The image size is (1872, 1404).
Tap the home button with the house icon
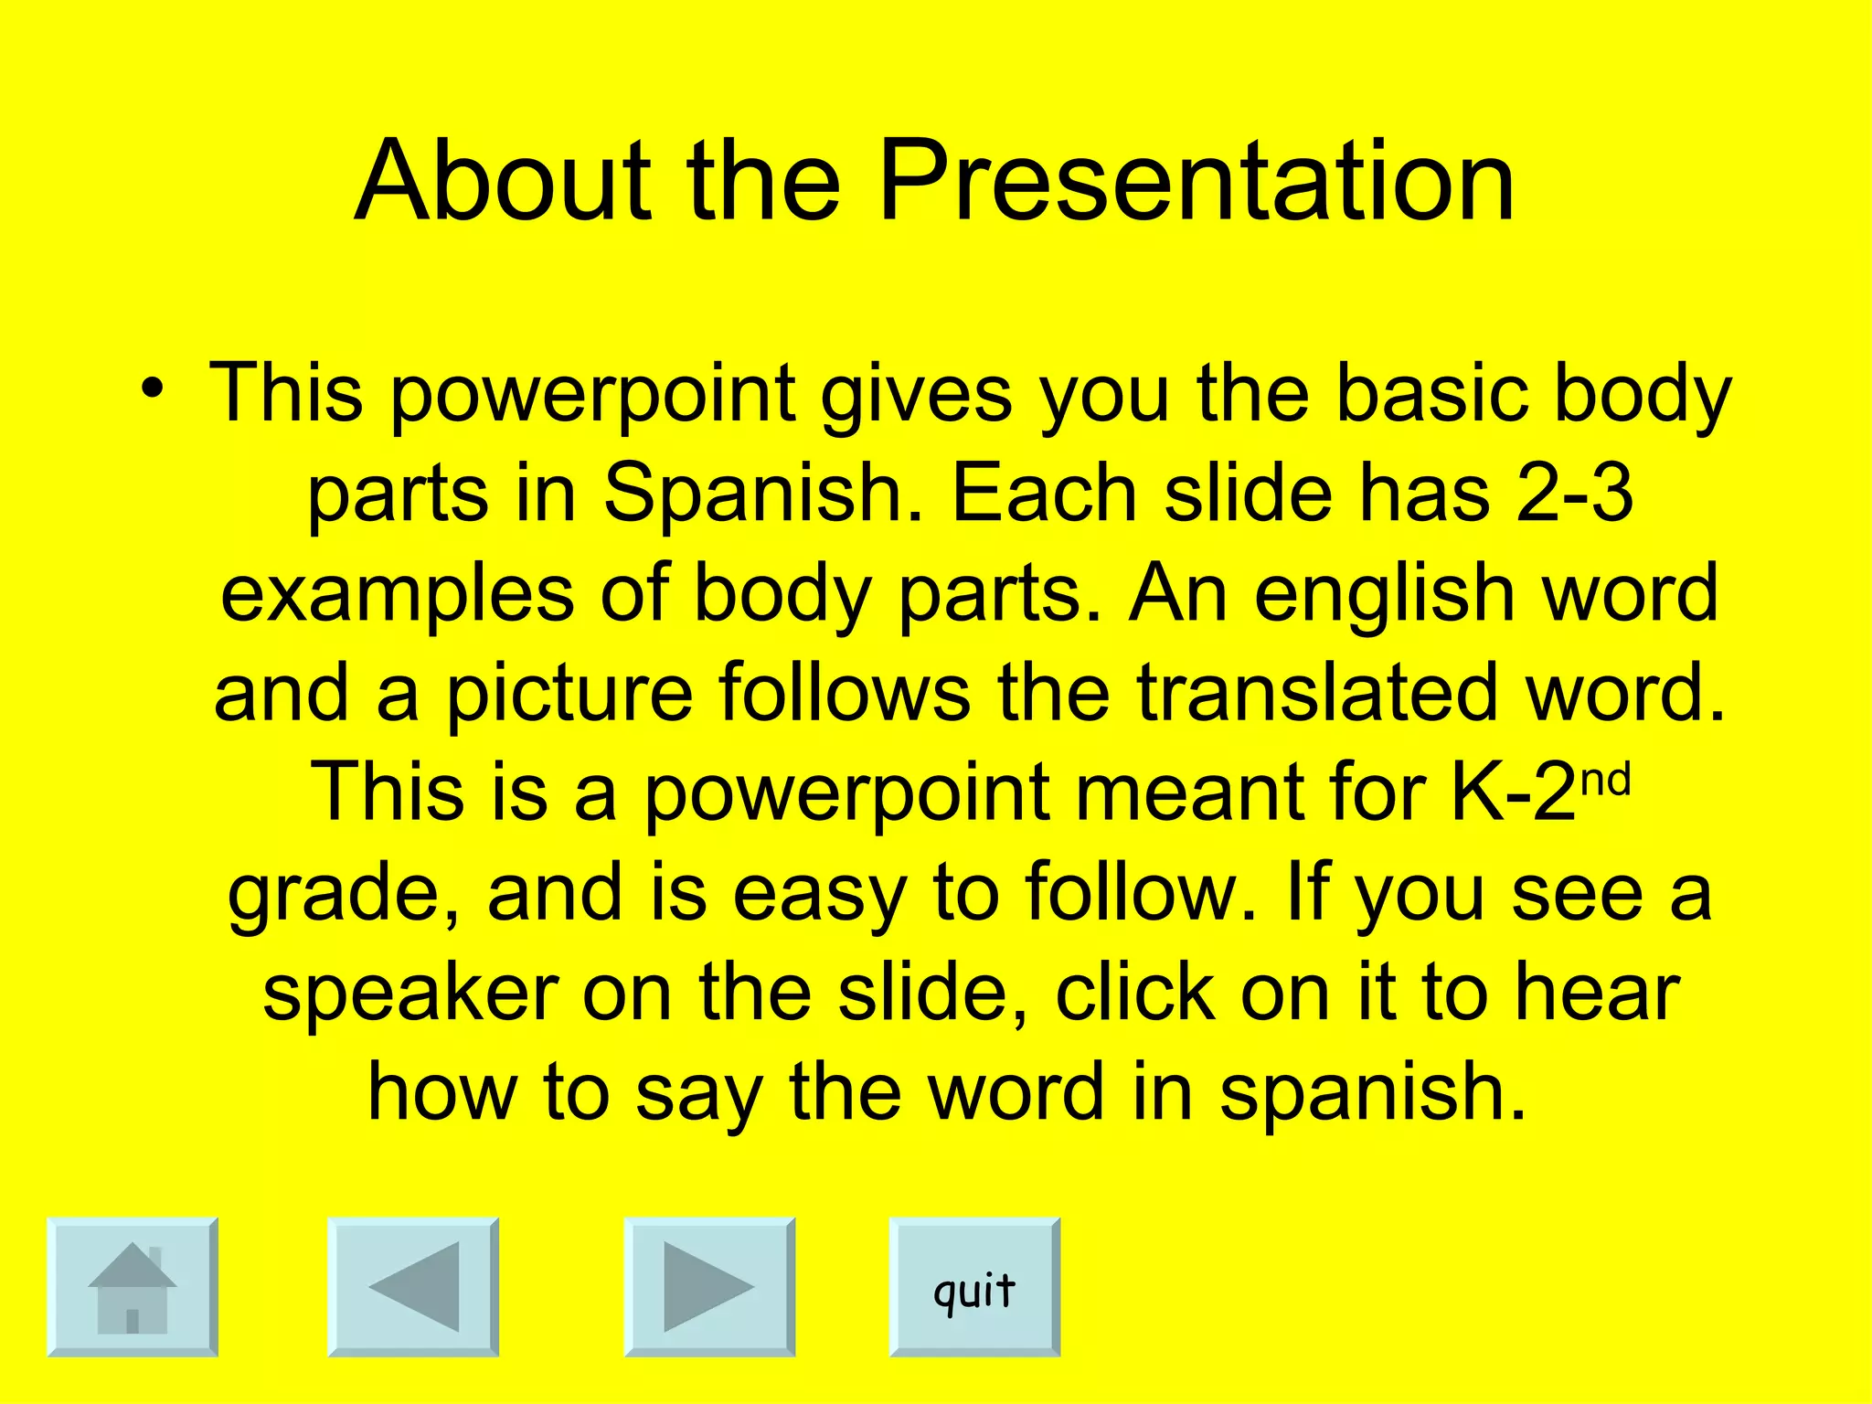(x=133, y=1286)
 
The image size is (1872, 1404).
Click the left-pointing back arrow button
(x=413, y=1286)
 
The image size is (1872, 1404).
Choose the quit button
(x=974, y=1286)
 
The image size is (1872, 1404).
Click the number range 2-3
(x=1574, y=494)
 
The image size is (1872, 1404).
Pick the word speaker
(x=410, y=993)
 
